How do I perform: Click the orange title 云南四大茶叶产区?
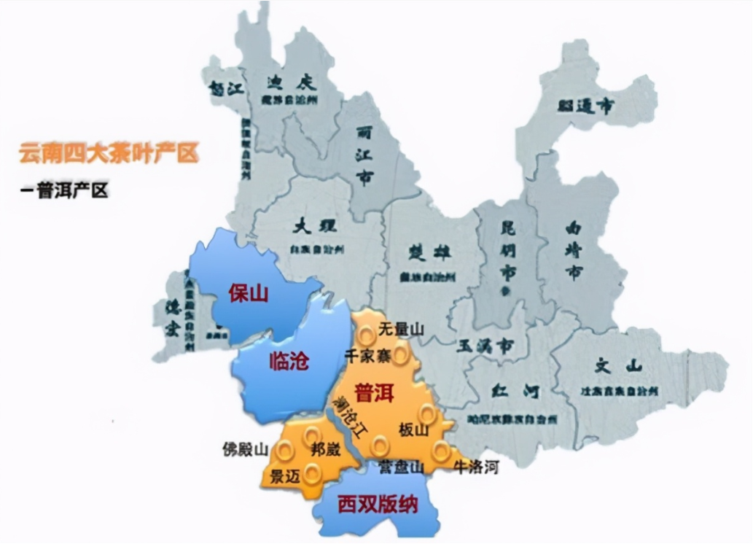click(x=109, y=154)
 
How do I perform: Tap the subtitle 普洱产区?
click(x=64, y=191)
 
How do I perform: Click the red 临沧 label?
click(x=289, y=361)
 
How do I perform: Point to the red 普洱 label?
click(x=373, y=394)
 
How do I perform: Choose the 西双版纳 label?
click(x=377, y=504)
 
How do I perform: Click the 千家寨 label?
click(x=367, y=356)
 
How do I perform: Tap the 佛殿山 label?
click(x=246, y=449)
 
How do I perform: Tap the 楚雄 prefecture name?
click(x=427, y=252)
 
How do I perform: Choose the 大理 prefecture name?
click(x=311, y=227)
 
